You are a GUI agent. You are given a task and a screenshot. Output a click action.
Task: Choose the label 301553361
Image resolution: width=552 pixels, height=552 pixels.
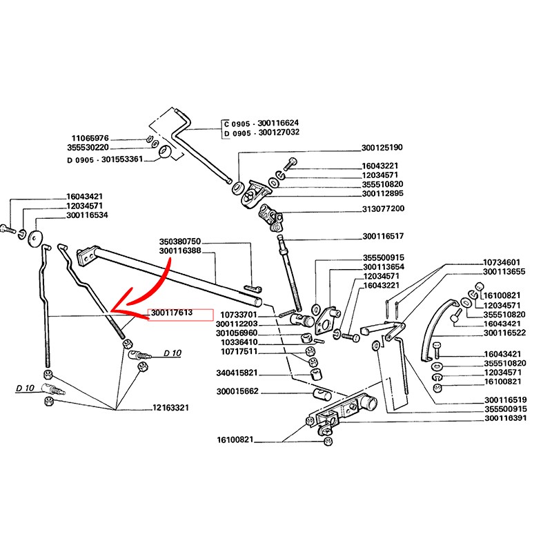tap(119, 159)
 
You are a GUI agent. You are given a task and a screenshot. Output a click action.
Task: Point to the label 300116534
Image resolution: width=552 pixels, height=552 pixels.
tap(87, 216)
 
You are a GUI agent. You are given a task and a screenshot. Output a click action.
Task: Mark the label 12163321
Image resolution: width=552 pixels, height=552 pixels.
tap(171, 408)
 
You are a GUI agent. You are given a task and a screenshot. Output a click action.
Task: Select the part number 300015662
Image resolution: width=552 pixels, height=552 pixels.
tap(238, 392)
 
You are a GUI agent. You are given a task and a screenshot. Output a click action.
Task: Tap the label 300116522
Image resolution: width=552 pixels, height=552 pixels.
tap(505, 333)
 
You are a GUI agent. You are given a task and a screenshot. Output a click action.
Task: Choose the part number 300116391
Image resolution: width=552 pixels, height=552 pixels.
tap(505, 418)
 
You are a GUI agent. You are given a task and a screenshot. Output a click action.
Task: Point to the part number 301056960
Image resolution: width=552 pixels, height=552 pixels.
tap(238, 333)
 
